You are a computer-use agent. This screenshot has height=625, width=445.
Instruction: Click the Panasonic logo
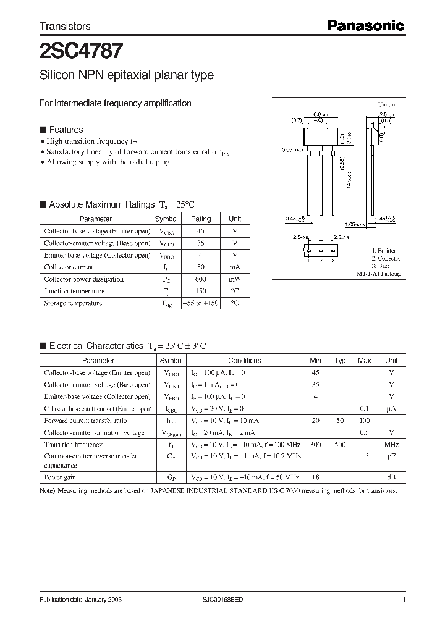coord(365,25)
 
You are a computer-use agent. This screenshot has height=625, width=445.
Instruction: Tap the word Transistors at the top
coord(65,26)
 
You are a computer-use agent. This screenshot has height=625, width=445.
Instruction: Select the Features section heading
coord(66,130)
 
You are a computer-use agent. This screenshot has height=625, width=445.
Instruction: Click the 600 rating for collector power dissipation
coord(200,279)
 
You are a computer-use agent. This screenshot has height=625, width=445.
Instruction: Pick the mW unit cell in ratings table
coord(235,279)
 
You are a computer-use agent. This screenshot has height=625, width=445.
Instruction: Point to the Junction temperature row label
coord(74,291)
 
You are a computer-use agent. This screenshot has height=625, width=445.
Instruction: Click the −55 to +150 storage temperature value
coord(200,303)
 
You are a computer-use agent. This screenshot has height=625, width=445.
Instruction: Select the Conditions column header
coord(244,361)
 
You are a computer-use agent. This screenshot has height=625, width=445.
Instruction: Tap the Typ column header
coord(340,361)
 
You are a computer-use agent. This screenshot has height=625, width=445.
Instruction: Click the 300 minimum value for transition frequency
coord(315,445)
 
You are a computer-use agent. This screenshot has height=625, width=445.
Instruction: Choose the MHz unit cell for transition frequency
coord(391,445)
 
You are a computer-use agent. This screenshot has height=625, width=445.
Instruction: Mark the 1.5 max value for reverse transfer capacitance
coord(365,456)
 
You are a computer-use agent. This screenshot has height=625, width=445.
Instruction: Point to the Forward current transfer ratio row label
coord(85,421)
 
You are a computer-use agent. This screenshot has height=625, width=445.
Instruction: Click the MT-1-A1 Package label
coord(379,274)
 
